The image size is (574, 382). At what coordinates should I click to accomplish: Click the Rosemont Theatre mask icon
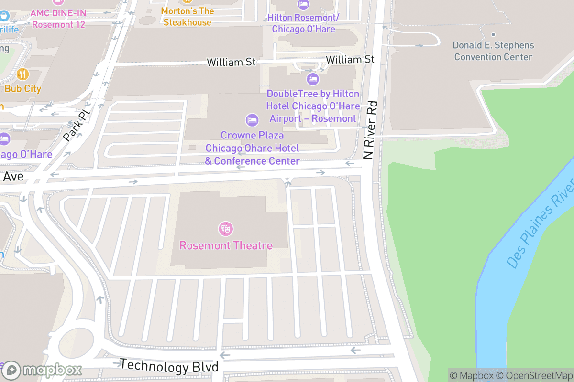(x=225, y=229)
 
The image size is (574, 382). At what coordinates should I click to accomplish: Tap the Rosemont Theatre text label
(x=226, y=245)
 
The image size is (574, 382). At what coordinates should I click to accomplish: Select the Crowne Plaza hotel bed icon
(x=252, y=120)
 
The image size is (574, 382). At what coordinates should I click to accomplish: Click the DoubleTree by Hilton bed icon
(x=313, y=78)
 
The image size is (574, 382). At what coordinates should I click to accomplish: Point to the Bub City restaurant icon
(x=22, y=74)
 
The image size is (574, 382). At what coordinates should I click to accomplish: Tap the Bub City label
(x=23, y=88)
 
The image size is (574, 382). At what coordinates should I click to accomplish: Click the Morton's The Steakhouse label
(x=187, y=17)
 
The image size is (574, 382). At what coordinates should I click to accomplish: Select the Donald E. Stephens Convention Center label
(x=493, y=51)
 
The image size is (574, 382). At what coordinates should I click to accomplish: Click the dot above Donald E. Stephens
(x=493, y=35)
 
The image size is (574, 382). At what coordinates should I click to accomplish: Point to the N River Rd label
(x=369, y=130)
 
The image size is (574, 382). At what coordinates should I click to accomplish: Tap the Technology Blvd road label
(x=169, y=366)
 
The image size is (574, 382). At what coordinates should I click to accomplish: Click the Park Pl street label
(x=77, y=125)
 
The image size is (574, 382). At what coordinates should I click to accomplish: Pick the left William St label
(x=231, y=62)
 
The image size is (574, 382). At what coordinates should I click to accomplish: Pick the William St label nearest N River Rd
(x=350, y=59)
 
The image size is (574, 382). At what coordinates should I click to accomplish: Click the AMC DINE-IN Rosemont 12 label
(x=58, y=18)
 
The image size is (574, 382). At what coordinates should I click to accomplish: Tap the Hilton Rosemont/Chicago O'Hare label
(x=303, y=23)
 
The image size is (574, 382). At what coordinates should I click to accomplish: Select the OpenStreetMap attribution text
(x=534, y=375)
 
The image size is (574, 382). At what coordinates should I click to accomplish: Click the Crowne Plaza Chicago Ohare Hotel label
(x=252, y=148)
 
